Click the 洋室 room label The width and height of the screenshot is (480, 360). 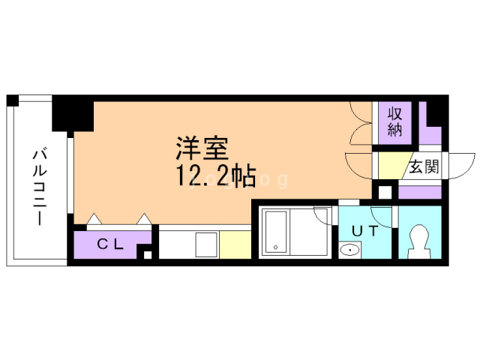pos(202,148)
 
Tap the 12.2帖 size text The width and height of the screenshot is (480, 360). pos(216,176)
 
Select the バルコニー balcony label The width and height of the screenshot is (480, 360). pos(40,187)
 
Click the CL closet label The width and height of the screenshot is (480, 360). pos(110,244)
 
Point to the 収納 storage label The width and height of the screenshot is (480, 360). pos(395,122)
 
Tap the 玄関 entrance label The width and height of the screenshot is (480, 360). pos(424,166)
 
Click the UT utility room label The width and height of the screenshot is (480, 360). pos(365,231)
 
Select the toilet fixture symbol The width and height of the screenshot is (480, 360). pos(420,241)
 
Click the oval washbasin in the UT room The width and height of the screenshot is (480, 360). pos(350,250)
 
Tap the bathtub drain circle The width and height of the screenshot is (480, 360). pos(275,247)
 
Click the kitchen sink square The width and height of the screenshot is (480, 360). pos(207,244)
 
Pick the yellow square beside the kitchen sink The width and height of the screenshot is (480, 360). pos(235,244)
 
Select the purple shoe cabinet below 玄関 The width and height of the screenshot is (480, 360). pos(420,192)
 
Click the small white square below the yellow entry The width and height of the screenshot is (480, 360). pos(385,192)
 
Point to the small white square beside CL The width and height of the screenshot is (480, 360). pos(148,254)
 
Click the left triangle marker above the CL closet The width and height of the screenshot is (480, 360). pos(94,219)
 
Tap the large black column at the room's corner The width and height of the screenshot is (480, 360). pos(73,113)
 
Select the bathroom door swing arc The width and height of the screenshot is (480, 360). pos(323,218)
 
